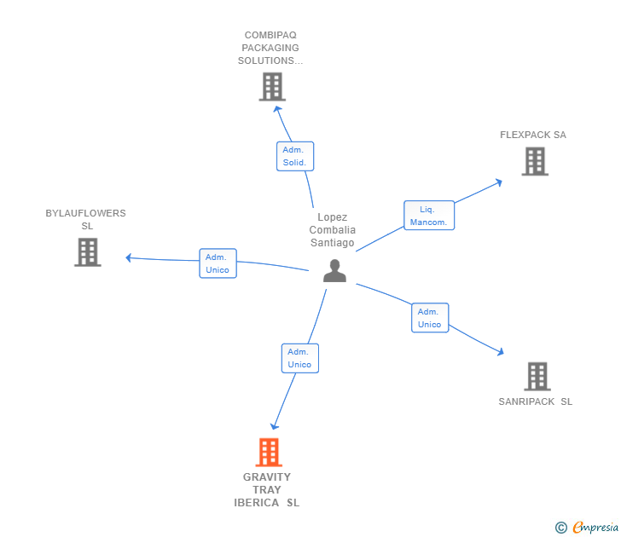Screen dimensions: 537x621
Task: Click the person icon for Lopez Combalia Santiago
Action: [x=334, y=271]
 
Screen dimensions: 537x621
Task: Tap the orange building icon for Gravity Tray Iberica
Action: [x=269, y=453]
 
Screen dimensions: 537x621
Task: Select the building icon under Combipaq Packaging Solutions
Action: [x=272, y=86]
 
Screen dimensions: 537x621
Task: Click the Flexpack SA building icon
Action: [x=535, y=161]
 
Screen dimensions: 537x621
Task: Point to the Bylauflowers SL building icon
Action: [x=88, y=251]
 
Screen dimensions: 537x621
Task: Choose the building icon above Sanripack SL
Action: [x=537, y=376]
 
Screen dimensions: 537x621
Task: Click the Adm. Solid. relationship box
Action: [x=295, y=156]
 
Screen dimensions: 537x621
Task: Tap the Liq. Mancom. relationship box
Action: [x=428, y=216]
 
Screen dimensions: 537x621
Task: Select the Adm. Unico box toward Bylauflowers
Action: [x=218, y=263]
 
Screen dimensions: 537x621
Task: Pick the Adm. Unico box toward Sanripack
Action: [x=430, y=318]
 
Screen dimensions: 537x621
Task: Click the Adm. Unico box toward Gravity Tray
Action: [x=299, y=358]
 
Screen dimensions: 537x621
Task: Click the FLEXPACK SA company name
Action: [x=533, y=135]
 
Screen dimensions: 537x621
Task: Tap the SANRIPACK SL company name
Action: [x=536, y=401]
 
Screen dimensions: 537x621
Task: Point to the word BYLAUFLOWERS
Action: [x=85, y=213]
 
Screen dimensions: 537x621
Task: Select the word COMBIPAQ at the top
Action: [x=270, y=35]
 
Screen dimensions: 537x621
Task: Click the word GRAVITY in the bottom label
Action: [x=267, y=477]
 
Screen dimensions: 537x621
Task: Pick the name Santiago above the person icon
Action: [x=333, y=243]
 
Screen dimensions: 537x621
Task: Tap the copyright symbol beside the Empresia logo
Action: [x=561, y=528]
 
